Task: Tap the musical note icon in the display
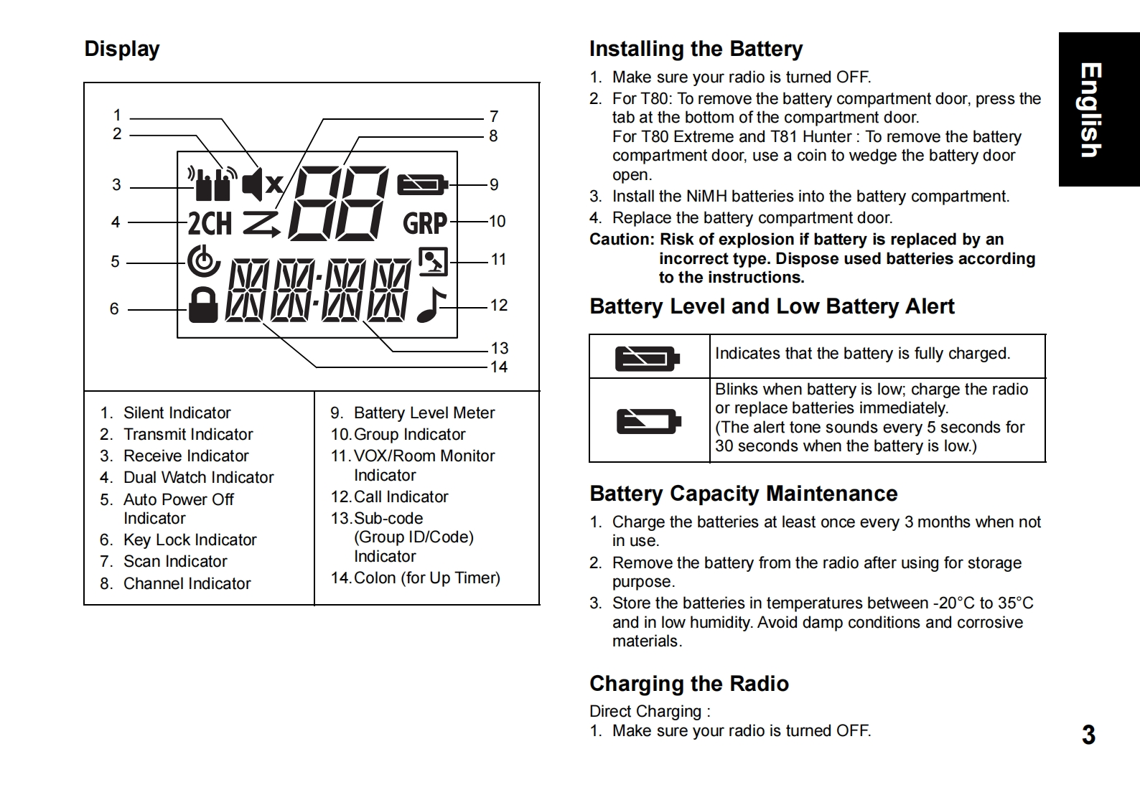[431, 305]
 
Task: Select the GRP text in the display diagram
[425, 223]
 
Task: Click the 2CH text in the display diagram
[210, 223]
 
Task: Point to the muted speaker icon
[262, 184]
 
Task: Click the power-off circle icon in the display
[203, 261]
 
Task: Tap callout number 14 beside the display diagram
[499, 367]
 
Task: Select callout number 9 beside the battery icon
[494, 185]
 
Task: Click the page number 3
[1088, 735]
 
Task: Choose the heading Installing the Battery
[696, 49]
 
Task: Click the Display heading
[122, 49]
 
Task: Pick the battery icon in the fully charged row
[647, 357]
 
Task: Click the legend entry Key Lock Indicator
[190, 540]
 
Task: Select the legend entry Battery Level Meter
[424, 413]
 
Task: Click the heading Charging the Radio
[688, 684]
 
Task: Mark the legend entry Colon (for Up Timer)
[426, 578]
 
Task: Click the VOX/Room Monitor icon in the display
[433, 261]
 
